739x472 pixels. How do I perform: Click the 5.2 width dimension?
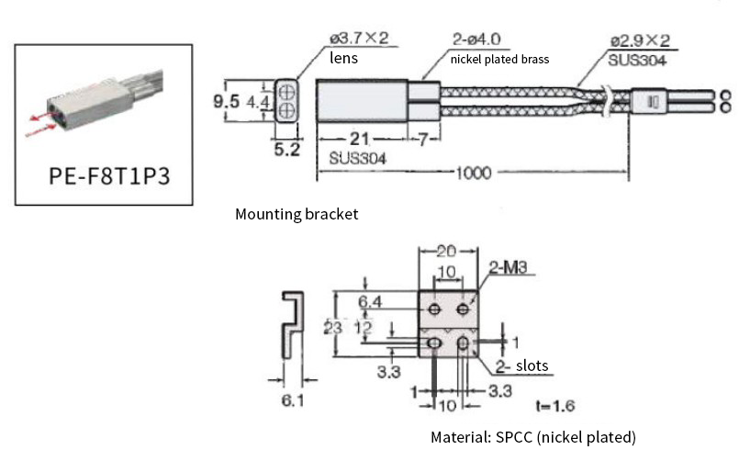[x=287, y=150]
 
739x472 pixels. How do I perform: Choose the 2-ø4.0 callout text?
[x=476, y=39]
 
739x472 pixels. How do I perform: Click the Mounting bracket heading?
[x=297, y=214]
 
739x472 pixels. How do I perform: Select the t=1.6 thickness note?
[x=554, y=405]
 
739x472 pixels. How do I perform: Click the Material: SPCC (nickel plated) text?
[x=532, y=437]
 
